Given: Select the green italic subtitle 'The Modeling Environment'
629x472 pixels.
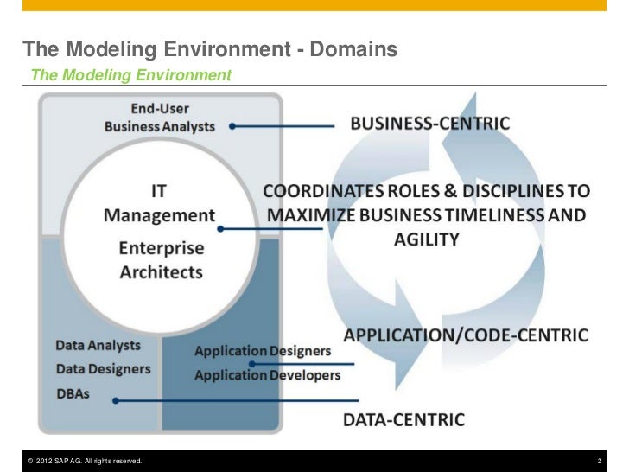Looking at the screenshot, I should pyautogui.click(x=130, y=76).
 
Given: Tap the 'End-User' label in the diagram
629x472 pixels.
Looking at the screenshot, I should pyautogui.click(x=160, y=109).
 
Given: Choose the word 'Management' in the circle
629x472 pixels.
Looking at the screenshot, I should pyautogui.click(x=159, y=214).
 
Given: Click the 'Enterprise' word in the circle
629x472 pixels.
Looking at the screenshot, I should pyautogui.click(x=162, y=249).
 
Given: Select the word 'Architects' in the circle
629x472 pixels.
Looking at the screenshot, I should pyautogui.click(x=162, y=271).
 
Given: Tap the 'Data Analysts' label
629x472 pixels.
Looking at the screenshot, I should pyautogui.click(x=98, y=345).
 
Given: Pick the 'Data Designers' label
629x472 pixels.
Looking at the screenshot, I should pyautogui.click(x=103, y=368).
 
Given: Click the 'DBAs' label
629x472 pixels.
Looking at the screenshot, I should pyautogui.click(x=73, y=393).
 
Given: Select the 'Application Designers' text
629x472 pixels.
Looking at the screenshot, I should pyautogui.click(x=263, y=351).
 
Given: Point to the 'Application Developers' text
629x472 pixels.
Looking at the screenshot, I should pyautogui.click(x=267, y=375).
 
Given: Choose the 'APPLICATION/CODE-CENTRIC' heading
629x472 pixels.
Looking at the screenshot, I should pyautogui.click(x=466, y=335).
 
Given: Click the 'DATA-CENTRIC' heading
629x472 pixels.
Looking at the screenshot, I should pyautogui.click(x=403, y=420).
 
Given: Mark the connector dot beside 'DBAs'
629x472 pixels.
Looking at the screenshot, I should pyautogui.click(x=115, y=399).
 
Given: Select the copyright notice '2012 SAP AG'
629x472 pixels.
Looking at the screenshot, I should pyautogui.click(x=84, y=461).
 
